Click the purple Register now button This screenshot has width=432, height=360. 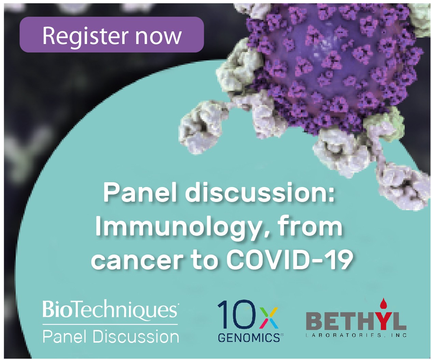tap(112, 34)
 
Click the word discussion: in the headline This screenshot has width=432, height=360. tap(260, 192)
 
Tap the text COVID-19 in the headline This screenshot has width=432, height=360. tap(289, 259)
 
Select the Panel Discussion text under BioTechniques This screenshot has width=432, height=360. tap(111, 337)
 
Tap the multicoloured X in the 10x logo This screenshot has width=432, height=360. tap(269, 319)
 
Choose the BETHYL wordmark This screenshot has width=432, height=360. tap(356, 322)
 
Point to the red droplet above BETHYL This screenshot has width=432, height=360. tap(383, 308)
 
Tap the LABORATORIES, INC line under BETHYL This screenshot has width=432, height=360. tap(356, 335)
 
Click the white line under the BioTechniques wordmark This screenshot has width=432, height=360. tap(110, 325)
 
